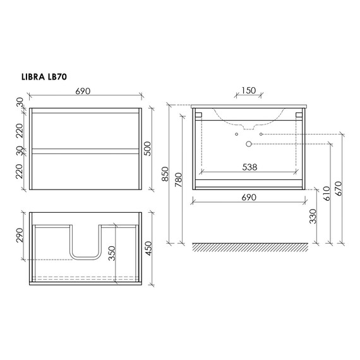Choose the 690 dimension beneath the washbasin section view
[x=249, y=197]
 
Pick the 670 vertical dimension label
[x=339, y=187]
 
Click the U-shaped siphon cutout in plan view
[x=85, y=243]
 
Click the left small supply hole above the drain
[x=236, y=135]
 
